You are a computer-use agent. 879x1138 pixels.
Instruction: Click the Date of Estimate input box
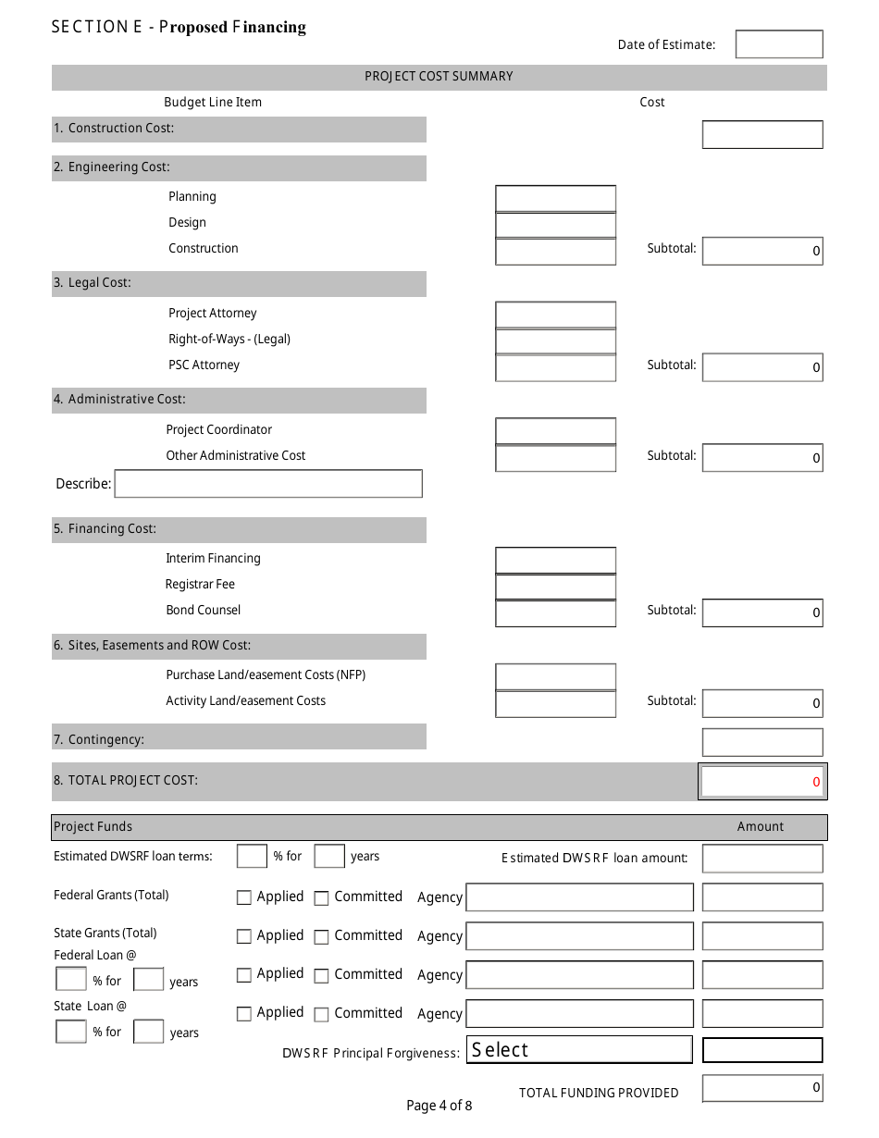778,44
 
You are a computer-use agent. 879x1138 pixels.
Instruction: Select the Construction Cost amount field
761,134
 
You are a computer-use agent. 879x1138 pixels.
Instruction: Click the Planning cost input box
555,198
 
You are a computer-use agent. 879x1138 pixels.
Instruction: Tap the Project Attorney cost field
555,315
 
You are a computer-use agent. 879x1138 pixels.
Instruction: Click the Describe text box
268,484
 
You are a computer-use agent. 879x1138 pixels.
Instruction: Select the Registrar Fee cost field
555,586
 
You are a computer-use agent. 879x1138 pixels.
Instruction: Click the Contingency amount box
761,742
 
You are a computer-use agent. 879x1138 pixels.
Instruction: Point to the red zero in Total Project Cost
816,782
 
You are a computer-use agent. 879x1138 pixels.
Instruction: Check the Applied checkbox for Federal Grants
244,897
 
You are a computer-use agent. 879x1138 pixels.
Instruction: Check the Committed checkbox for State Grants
321,937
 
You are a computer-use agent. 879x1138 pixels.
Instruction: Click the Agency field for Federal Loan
579,975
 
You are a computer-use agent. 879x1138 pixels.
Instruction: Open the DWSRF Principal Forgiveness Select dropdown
579,1050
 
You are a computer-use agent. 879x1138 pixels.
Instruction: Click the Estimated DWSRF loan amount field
761,859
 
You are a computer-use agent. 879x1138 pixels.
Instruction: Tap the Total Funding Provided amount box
761,1088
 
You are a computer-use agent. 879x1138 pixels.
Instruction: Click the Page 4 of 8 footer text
439,1106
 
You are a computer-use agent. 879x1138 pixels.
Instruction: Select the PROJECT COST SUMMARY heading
439,77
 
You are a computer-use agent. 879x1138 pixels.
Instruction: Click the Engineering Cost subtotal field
761,251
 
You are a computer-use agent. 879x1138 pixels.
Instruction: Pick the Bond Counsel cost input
555,612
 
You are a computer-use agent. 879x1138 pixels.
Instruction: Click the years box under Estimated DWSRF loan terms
329,857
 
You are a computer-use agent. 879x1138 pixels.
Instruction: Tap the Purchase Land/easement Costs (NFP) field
555,676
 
